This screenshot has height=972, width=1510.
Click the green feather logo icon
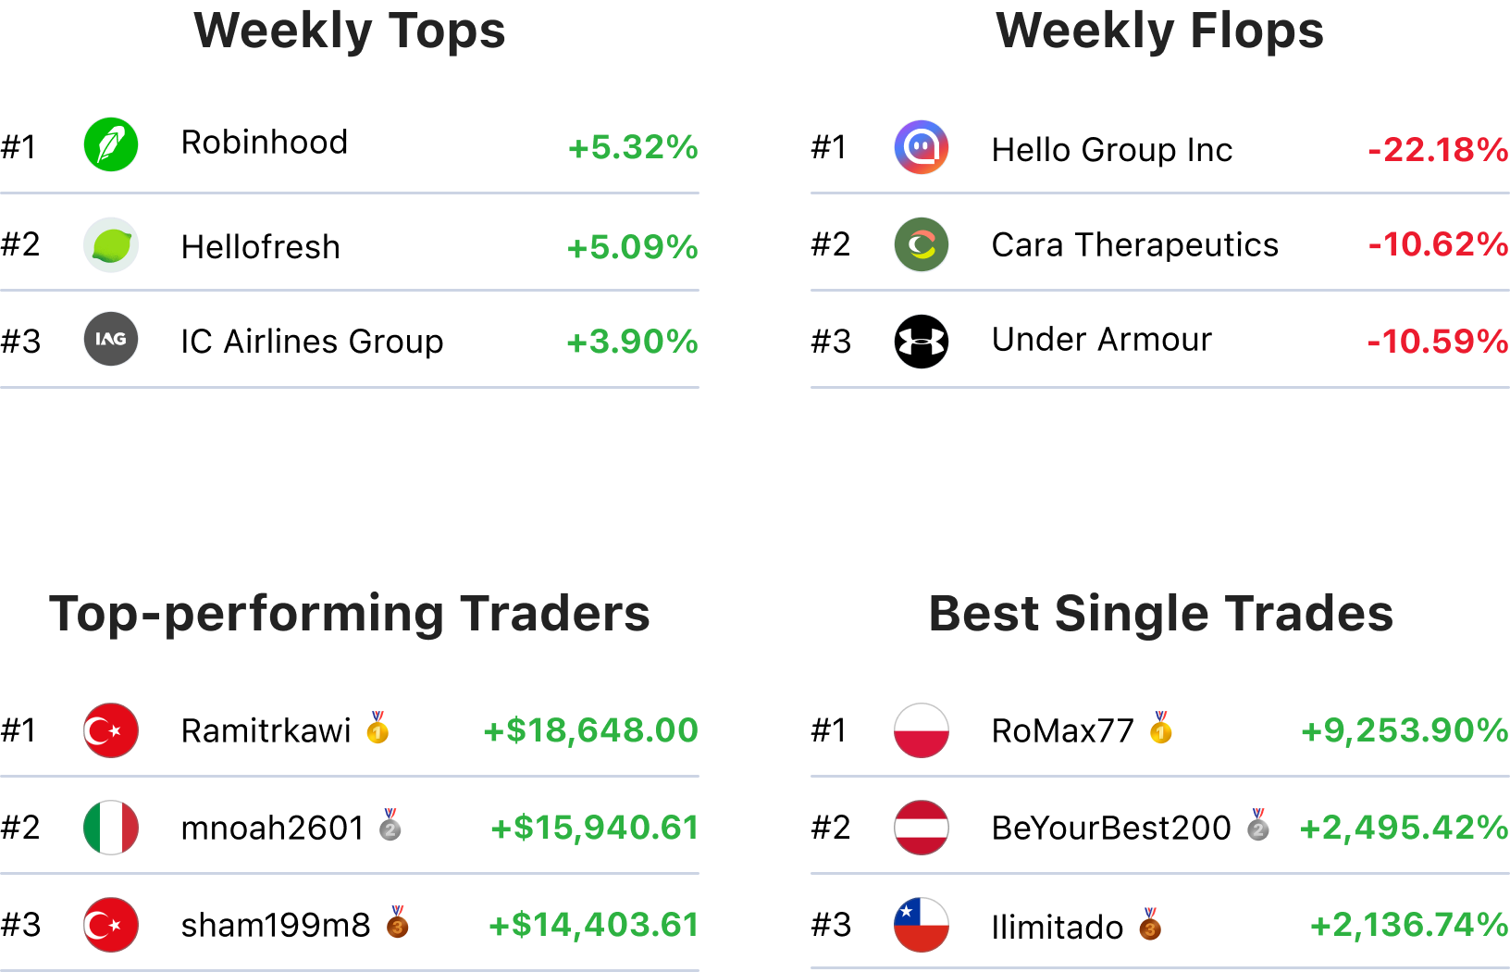point(111,144)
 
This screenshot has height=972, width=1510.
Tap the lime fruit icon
point(111,245)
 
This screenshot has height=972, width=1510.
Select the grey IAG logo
point(111,339)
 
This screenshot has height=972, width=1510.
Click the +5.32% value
point(633,147)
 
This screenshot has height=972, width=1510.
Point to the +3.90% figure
point(632,342)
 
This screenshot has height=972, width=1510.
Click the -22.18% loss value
point(1438,149)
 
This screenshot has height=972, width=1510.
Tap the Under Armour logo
point(922,342)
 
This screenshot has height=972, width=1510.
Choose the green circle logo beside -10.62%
point(922,244)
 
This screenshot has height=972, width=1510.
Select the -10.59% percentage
point(1438,342)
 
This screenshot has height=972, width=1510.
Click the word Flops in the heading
point(1256,31)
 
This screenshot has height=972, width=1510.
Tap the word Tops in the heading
point(446,31)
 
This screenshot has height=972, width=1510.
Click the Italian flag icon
point(111,828)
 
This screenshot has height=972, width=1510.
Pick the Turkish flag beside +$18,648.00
point(111,730)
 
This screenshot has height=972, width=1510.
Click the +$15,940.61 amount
point(594,828)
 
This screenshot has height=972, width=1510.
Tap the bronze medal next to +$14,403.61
point(397,922)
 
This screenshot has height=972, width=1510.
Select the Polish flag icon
point(922,730)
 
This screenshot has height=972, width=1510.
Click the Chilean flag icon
point(922,925)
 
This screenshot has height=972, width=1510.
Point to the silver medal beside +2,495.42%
point(1257,825)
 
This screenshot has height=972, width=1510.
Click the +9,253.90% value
point(1405,730)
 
